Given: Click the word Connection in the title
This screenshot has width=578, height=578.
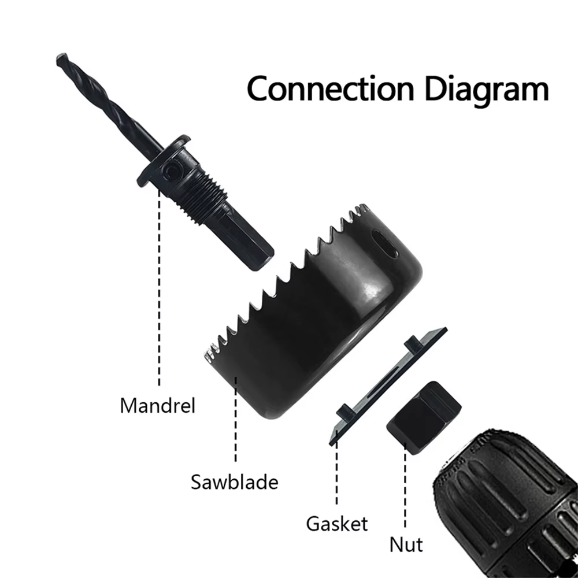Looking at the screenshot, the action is pos(331,88).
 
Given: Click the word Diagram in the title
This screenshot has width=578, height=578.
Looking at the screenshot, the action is pos(487,91).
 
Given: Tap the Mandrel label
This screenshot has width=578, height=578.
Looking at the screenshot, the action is pos(157,406).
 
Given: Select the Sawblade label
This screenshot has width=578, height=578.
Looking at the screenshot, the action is pos(235,482).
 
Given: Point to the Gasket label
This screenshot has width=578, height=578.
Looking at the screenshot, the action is pos(337,524).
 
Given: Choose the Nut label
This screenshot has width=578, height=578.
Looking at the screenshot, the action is pos(406,544).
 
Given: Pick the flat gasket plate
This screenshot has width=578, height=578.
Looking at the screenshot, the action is pos(388,386).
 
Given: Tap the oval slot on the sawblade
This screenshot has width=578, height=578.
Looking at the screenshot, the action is pos(384,244).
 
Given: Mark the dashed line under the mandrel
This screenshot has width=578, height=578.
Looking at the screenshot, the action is pos(160,287).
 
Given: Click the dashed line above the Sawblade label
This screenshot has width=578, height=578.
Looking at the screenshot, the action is pos(236,419).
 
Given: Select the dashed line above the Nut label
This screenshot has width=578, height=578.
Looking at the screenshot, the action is pos(405,486).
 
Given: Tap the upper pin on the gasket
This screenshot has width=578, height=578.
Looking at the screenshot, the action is pos(413,343).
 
